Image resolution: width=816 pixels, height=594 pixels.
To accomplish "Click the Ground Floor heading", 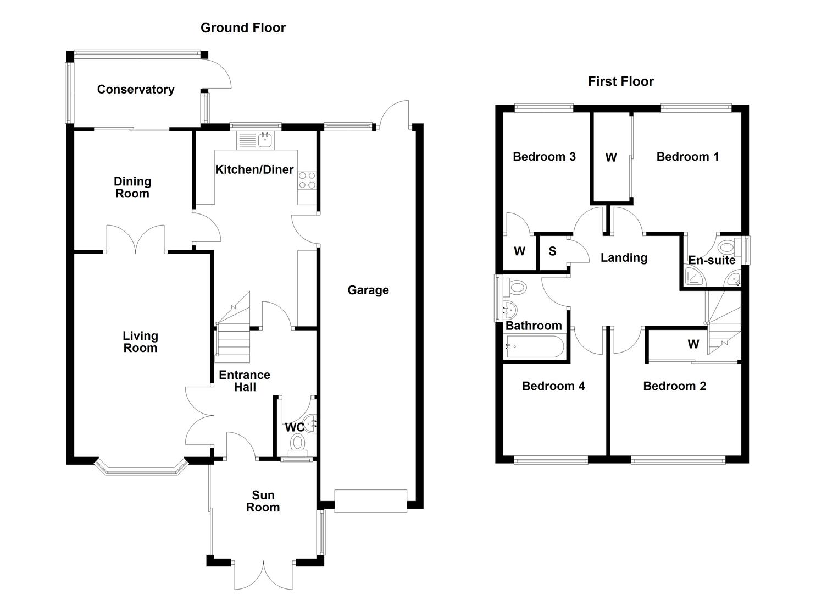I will pos(243,28).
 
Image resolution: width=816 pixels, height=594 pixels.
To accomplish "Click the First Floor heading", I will pos(620,81).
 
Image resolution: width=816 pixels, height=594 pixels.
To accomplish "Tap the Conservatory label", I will pos(135,89).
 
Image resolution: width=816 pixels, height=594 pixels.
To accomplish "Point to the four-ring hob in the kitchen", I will pos(307,180).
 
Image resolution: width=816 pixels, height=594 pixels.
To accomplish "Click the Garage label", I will pos(368,290).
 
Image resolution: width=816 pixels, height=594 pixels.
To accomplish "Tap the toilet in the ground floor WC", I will pos(298,443).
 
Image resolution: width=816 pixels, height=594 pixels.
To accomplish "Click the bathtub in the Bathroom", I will pos(534,347).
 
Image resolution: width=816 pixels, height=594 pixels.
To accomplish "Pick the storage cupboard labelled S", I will pos(552,251).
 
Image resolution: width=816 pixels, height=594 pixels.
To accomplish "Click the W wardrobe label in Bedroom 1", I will pos(610,158).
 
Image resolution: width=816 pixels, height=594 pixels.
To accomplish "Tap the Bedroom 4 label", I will pos(553,386).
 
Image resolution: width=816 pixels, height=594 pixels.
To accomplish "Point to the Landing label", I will pos(624,257).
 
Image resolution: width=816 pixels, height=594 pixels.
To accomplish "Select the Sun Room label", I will pos(263,501).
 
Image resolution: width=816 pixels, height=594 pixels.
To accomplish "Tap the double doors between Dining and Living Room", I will pos(135,240).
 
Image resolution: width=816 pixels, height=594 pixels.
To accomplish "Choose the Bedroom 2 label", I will pos(674,386).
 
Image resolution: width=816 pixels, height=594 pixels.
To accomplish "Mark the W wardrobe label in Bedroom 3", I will pos(519,251).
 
